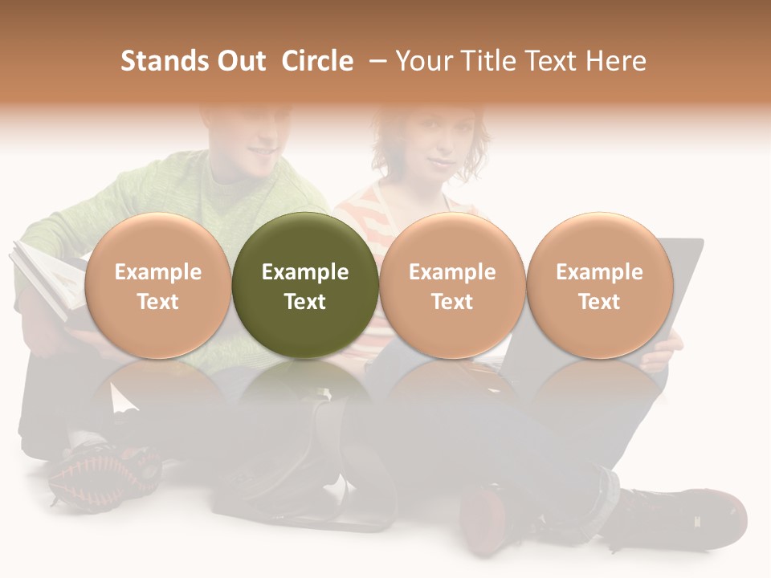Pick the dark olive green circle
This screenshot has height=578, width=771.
click(305, 285)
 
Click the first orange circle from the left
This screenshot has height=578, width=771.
click(158, 285)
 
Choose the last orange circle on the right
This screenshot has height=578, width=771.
click(599, 285)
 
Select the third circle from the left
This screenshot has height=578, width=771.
click(452, 285)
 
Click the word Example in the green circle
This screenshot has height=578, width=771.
click(305, 272)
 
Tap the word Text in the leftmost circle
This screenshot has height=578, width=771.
click(158, 302)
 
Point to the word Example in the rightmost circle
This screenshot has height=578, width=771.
click(599, 272)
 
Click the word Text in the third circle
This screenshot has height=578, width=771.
click(452, 302)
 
